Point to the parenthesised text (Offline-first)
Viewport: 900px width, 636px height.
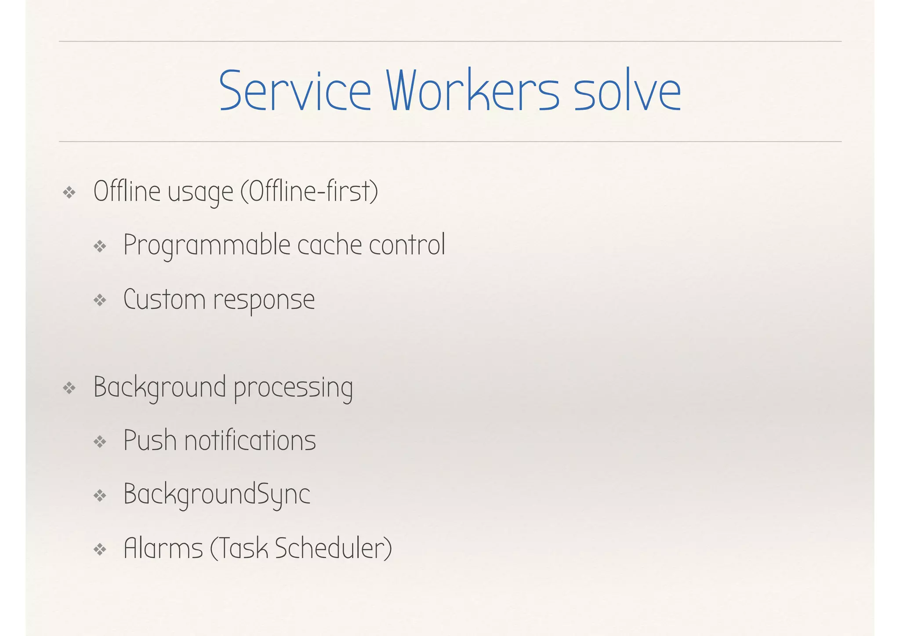(309, 192)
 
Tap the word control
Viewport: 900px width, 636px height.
(407, 245)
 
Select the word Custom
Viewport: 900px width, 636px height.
(164, 300)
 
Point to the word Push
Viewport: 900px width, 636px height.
(150, 440)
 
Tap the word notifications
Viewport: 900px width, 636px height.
(250, 440)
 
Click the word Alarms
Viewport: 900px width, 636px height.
(163, 549)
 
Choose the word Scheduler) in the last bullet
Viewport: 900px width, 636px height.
(334, 549)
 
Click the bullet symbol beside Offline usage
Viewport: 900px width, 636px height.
(69, 193)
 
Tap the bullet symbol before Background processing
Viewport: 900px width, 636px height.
(69, 388)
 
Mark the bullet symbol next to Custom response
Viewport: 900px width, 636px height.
(100, 301)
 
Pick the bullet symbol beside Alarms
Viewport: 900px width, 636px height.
(100, 549)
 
